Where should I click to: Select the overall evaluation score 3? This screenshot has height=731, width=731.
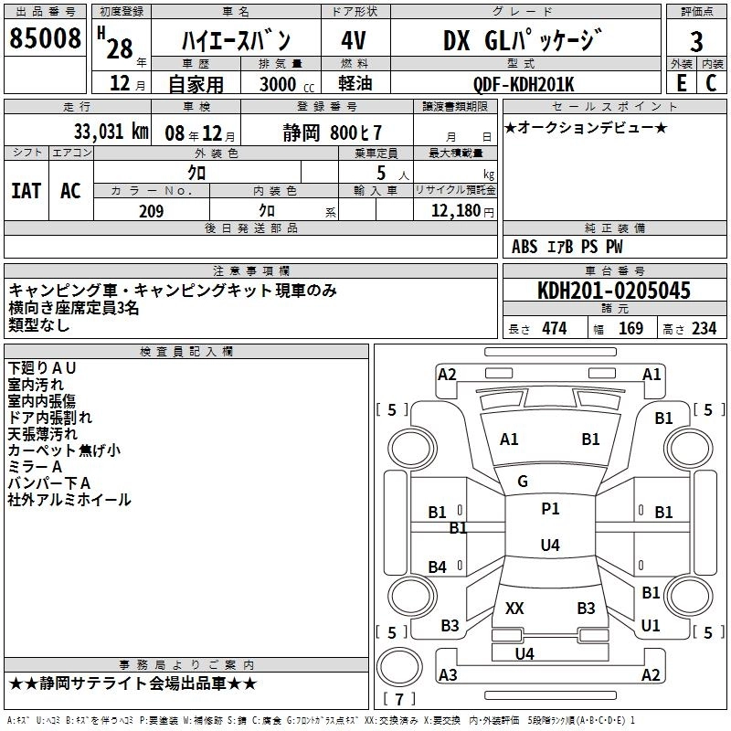click(x=696, y=41)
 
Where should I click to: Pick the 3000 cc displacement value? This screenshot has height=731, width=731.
click(x=279, y=84)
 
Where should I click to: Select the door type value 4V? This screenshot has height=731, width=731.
click(x=354, y=41)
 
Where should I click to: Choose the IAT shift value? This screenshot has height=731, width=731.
click(x=26, y=190)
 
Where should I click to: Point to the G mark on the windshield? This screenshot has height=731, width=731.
click(x=523, y=482)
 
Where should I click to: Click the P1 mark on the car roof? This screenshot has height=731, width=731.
click(x=550, y=509)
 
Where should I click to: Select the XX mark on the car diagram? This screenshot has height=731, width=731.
click(x=514, y=608)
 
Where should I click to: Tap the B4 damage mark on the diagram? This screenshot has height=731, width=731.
click(x=438, y=567)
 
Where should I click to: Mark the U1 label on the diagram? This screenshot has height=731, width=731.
click(x=651, y=626)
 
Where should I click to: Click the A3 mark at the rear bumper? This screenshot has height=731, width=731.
click(x=448, y=675)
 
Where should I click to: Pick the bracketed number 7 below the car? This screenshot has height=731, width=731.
click(x=399, y=700)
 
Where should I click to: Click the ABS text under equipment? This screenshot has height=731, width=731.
click(x=524, y=247)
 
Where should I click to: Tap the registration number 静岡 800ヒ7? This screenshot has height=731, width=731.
click(x=332, y=132)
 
